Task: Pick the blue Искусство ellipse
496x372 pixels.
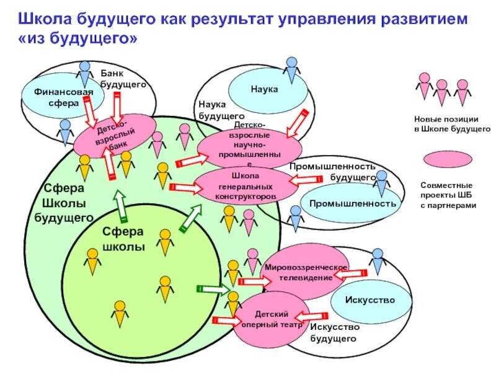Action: click(x=370, y=300)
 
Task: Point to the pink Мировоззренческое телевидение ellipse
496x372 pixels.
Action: click(x=306, y=272)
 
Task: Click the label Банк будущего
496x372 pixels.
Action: click(x=123, y=79)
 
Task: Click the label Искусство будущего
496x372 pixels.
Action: click(x=333, y=333)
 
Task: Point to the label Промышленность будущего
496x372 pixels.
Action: click(x=333, y=172)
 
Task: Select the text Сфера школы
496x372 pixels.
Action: click(x=123, y=239)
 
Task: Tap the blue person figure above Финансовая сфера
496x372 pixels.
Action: click(x=84, y=73)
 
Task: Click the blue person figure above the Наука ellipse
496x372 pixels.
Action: click(x=291, y=68)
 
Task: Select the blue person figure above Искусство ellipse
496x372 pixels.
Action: click(x=377, y=261)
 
